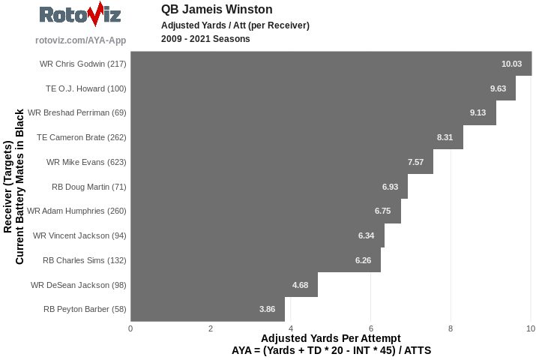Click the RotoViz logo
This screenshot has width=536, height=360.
80,16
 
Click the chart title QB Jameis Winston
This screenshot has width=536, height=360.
217,10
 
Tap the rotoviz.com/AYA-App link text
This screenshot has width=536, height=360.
80,40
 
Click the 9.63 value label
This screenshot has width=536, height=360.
498,88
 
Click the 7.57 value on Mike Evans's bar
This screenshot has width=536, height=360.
415,162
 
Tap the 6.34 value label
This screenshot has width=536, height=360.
367,235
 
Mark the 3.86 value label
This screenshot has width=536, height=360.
268,309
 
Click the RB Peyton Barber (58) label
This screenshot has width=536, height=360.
85,309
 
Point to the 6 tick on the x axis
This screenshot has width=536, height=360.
370,328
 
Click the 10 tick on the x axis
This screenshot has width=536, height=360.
530,328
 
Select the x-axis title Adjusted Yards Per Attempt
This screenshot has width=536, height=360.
331,338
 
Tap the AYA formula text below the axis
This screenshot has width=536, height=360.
331,350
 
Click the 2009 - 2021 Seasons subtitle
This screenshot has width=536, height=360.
205,39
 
